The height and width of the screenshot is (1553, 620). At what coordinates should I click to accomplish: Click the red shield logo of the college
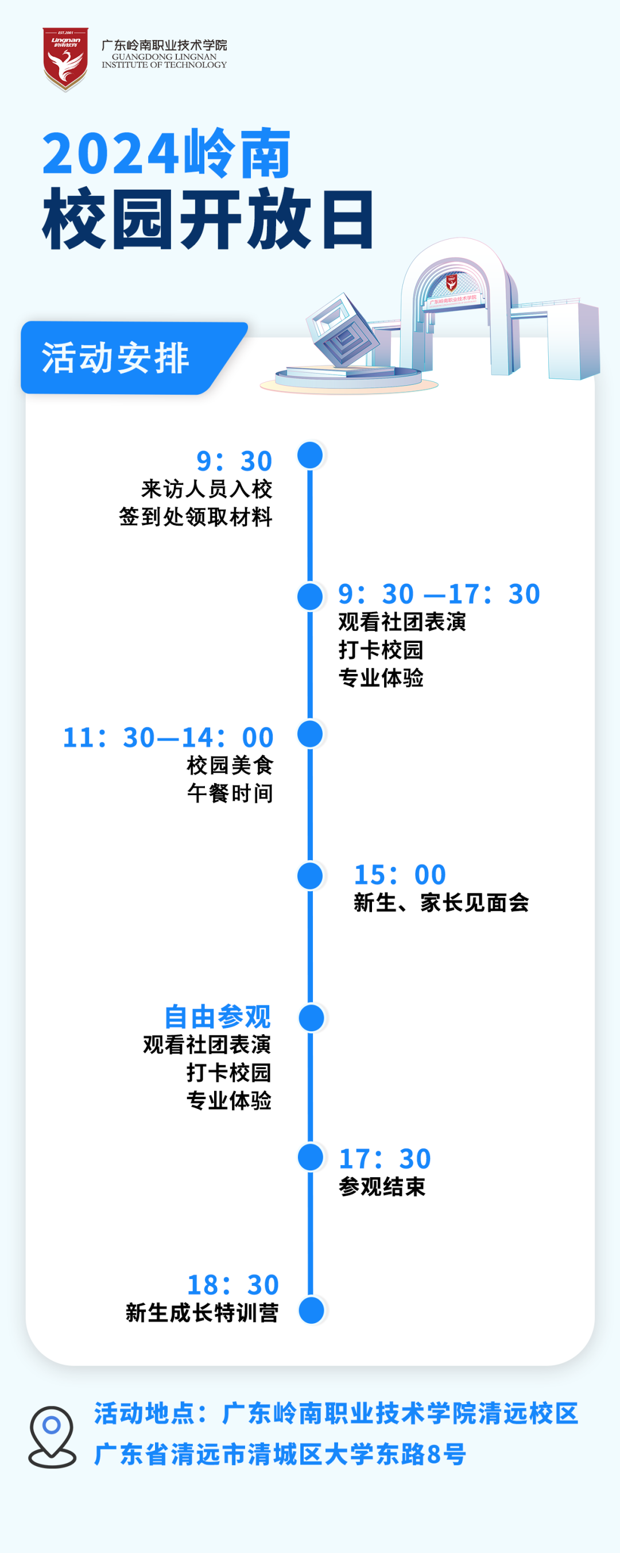65,58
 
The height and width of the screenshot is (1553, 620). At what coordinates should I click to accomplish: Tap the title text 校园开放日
208,219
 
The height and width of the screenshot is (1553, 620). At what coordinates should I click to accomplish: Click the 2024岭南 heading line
167,155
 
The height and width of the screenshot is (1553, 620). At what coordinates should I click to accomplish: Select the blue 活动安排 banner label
117,357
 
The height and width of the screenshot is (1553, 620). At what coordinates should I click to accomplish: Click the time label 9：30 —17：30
439,595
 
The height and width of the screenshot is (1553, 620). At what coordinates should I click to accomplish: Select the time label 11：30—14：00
168,737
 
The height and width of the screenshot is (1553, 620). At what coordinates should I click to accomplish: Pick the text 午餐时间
230,793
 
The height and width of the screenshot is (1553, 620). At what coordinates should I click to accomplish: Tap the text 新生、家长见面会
441,903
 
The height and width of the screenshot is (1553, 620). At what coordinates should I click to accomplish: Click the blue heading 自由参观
218,1016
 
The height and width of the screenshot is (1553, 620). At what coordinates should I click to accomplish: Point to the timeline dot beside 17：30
311,1157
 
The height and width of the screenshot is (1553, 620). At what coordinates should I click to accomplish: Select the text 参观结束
382,1186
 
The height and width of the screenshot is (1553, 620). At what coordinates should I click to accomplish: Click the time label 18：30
233,1285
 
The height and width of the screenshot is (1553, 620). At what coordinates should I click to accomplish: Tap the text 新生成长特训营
202,1312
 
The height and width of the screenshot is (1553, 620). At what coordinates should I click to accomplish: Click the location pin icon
52,1436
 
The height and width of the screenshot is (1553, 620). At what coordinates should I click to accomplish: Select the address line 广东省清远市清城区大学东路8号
280,1454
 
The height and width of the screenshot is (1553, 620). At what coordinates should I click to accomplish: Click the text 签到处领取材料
196,517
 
